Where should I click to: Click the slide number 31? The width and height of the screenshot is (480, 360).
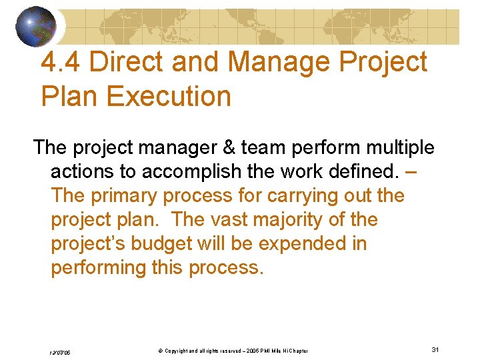(435, 350)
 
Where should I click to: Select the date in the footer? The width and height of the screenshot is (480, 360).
(61, 351)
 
